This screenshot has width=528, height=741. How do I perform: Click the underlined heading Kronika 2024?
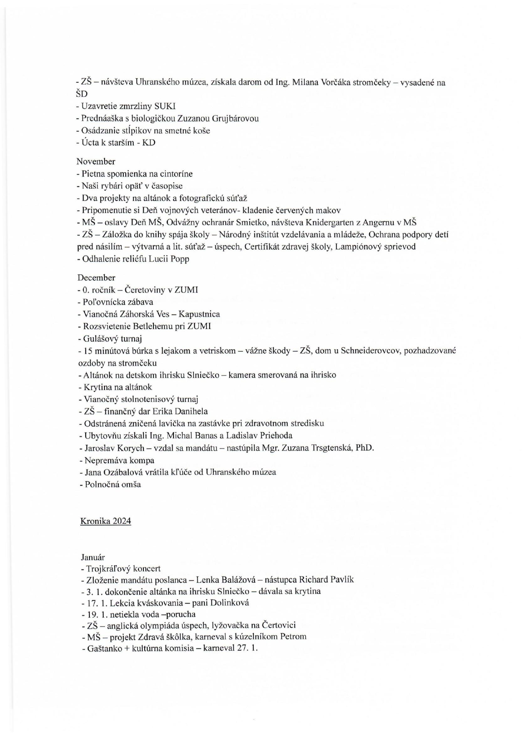click(x=105, y=521)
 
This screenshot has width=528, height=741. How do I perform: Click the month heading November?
click(x=96, y=162)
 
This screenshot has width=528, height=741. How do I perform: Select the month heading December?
click(x=96, y=278)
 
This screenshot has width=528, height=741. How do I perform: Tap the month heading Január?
click(x=93, y=557)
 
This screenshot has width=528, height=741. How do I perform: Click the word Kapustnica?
click(x=199, y=314)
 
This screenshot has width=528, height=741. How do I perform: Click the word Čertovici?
click(x=278, y=626)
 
